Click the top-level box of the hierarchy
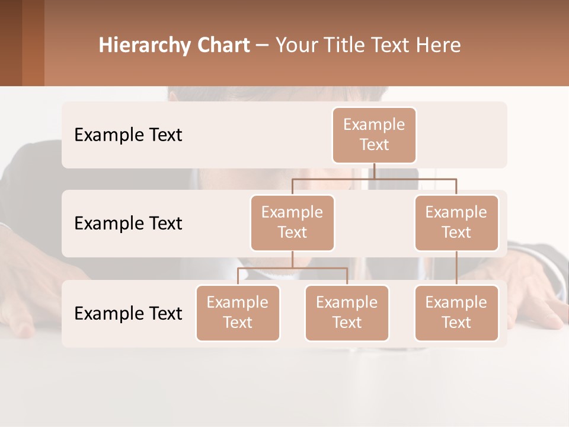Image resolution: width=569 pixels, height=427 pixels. click(x=374, y=135)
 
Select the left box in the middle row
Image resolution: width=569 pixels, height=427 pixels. click(x=292, y=222)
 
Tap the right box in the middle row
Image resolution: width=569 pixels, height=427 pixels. click(x=456, y=222)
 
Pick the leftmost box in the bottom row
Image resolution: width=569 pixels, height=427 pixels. click(x=238, y=313)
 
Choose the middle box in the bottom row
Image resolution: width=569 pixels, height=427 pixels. click(x=347, y=313)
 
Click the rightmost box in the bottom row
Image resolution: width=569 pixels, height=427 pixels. click(x=456, y=313)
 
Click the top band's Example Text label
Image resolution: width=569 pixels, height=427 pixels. click(x=128, y=135)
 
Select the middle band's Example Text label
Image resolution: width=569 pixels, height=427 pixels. click(x=128, y=223)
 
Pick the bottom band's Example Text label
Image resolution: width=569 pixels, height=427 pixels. click(x=128, y=313)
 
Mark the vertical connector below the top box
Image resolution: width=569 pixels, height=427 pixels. click(x=374, y=171)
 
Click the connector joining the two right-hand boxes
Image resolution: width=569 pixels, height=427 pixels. click(x=456, y=268)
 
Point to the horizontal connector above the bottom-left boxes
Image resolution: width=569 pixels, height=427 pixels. click(x=292, y=268)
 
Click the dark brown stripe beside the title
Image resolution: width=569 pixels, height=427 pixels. click(x=11, y=43)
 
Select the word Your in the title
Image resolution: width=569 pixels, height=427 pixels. click(x=296, y=46)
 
